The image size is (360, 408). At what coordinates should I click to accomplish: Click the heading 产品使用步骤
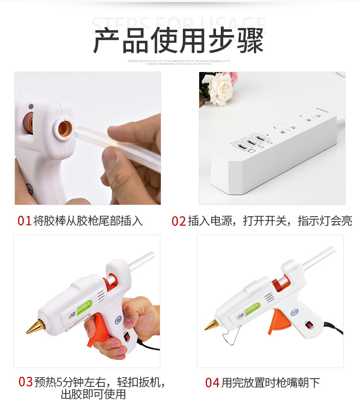[x=178, y=41]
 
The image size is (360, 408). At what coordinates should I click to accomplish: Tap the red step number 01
[x=24, y=221]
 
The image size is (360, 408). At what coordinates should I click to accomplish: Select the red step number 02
[x=179, y=221]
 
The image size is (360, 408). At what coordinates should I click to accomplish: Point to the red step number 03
[x=25, y=382]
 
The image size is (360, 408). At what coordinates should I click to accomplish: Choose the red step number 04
[x=212, y=383]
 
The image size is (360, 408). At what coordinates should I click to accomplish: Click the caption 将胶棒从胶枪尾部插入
[x=88, y=221]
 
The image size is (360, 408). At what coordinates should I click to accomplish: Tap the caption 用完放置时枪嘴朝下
[x=270, y=383]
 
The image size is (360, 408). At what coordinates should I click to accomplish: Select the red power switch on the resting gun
[x=310, y=325]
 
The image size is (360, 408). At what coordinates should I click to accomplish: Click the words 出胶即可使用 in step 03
[x=93, y=395]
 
